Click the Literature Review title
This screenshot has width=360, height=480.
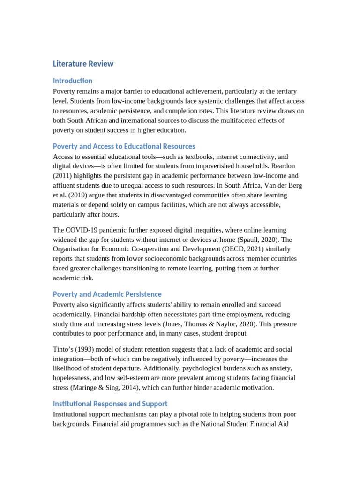point(83,64)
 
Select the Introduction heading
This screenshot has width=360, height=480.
point(73,81)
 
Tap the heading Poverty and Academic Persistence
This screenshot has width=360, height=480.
point(107,294)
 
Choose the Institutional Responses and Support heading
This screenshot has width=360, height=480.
point(110,404)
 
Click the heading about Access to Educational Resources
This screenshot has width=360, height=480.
point(124,146)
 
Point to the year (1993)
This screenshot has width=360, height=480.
point(87,349)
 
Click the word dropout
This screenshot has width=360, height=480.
point(235,333)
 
